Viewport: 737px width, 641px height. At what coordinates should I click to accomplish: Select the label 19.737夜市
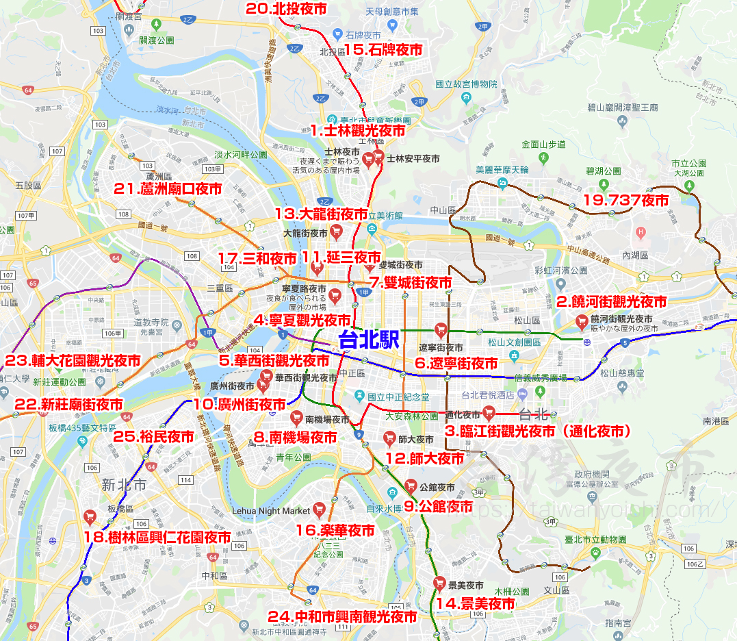(625, 200)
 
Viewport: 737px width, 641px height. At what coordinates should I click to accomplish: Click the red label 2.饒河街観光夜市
(611, 301)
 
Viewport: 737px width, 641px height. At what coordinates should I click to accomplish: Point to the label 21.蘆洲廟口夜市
(168, 189)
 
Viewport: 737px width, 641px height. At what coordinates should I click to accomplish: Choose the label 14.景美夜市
(476, 603)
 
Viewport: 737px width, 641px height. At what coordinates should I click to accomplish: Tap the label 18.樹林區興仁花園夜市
(157, 538)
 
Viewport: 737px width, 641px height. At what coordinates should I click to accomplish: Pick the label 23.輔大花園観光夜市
(73, 360)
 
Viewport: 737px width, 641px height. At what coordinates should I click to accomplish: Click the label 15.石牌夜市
(383, 49)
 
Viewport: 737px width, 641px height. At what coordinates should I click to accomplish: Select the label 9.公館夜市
(438, 507)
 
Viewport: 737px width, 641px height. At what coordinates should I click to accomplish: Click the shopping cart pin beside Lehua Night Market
(318, 509)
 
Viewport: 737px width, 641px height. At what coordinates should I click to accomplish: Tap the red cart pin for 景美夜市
(439, 583)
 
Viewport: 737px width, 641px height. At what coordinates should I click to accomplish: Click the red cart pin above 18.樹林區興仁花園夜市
(89, 516)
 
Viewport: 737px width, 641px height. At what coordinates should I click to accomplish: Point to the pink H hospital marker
(641, 231)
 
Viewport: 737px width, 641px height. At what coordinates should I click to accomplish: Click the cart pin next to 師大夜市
(389, 437)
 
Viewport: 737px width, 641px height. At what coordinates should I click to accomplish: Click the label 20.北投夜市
(286, 9)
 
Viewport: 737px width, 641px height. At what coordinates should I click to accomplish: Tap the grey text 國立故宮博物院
(465, 84)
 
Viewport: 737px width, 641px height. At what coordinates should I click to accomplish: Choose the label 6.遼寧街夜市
(456, 364)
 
